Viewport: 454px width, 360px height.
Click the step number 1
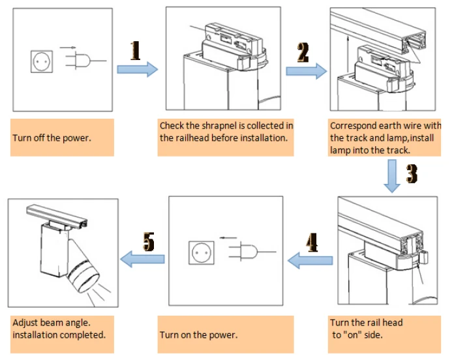point(136,50)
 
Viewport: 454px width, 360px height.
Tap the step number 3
point(411,173)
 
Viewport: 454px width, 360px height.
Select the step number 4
point(311,243)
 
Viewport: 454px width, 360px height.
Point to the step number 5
point(149,242)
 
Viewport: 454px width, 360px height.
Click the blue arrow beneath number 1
point(137,69)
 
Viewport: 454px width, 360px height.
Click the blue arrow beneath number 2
point(305,71)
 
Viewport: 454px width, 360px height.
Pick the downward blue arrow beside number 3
point(392,176)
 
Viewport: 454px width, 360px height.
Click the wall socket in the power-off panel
point(40,61)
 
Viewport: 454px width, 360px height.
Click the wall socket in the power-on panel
point(200,252)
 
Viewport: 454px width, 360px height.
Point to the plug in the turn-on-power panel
point(243,252)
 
